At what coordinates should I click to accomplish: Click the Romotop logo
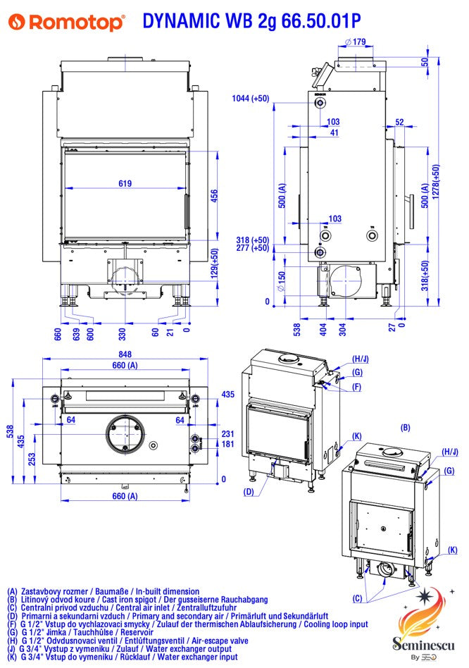67,23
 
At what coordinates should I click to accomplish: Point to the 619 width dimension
125,184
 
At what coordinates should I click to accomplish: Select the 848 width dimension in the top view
125,355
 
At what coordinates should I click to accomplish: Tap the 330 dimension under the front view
122,329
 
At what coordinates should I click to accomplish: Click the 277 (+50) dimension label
252,248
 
